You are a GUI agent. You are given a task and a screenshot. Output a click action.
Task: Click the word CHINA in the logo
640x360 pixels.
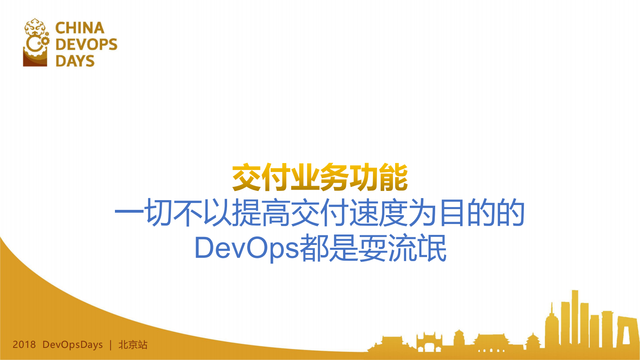coord(80,28)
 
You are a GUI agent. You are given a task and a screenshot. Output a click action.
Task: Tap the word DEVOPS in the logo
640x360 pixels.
coord(86,44)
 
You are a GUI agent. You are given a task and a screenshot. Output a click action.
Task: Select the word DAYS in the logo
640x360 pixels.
coord(75,61)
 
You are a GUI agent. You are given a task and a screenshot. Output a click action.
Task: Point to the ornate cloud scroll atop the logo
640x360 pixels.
coord(35,26)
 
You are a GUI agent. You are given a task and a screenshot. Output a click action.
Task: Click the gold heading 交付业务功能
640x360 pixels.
coord(320,178)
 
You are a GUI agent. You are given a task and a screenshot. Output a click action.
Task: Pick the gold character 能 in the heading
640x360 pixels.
coord(393,178)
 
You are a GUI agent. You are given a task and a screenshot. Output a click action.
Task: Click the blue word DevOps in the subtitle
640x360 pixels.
coord(246,248)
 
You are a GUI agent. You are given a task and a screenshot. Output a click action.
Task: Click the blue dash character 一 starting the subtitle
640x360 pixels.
coord(129,212)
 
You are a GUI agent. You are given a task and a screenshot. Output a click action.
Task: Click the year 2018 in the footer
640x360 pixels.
coord(24,345)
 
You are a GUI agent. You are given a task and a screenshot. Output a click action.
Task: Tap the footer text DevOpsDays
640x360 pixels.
coord(73,345)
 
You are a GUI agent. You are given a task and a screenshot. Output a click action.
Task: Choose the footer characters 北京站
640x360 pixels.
coord(133,345)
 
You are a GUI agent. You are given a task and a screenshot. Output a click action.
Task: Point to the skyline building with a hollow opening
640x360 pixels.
coord(626,331)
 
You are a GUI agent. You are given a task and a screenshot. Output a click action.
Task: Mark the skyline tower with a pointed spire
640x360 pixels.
coord(551,323)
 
